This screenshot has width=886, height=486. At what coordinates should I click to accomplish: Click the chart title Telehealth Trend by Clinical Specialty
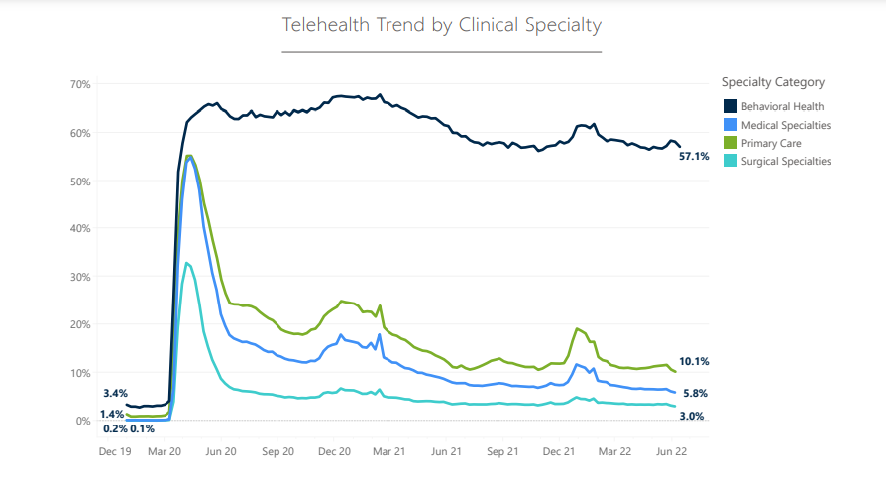pyautogui.click(x=442, y=24)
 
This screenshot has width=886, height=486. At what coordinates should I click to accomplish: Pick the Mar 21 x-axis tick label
pyautogui.click(x=388, y=450)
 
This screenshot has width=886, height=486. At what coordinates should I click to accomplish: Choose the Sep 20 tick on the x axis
pyautogui.click(x=278, y=450)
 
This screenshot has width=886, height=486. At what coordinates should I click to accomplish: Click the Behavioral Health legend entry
pyautogui.click(x=782, y=106)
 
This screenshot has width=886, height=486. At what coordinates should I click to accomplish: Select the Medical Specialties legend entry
pyautogui.click(x=785, y=125)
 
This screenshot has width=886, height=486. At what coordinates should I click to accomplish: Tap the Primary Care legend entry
pyautogui.click(x=769, y=143)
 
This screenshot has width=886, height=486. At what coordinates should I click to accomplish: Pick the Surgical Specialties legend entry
pyautogui.click(x=786, y=161)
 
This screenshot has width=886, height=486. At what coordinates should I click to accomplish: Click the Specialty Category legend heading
pyautogui.click(x=773, y=82)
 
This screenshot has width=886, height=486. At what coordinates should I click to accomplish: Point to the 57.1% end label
pyautogui.click(x=694, y=157)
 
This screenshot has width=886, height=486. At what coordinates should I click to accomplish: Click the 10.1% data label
pyautogui.click(x=695, y=362)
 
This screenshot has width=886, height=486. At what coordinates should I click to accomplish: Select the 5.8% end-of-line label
pyautogui.click(x=694, y=394)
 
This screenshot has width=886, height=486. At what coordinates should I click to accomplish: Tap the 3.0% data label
pyautogui.click(x=692, y=417)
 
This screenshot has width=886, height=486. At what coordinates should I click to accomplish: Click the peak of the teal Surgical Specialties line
pyautogui.click(x=187, y=263)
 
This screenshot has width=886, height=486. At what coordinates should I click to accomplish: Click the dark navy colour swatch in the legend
pyautogui.click(x=729, y=106)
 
